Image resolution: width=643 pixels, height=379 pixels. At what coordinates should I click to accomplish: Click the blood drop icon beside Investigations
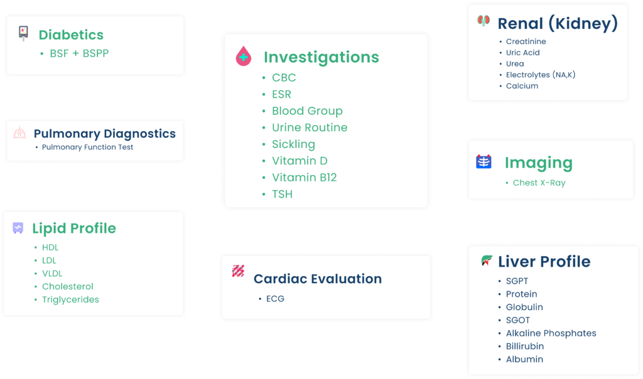pyautogui.click(x=244, y=56)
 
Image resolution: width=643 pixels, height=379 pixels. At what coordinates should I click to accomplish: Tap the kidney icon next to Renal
pyautogui.click(x=484, y=20)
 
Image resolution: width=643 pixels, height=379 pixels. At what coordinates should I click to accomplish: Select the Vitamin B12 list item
pyautogui.click(x=305, y=178)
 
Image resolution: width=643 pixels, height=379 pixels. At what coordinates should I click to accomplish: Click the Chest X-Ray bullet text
pyautogui.click(x=539, y=183)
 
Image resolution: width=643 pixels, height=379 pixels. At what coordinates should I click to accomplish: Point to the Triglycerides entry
pyautogui.click(x=70, y=299)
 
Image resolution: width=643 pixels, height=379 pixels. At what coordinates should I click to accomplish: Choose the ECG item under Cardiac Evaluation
pyautogui.click(x=275, y=299)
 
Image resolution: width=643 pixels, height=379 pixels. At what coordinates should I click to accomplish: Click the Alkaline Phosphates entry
pyautogui.click(x=551, y=333)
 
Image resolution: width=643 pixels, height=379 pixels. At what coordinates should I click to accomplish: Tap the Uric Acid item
pyautogui.click(x=522, y=53)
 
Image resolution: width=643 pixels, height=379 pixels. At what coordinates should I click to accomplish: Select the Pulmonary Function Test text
pyautogui.click(x=87, y=147)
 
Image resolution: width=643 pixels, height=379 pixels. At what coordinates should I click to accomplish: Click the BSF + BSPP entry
pyautogui.click(x=79, y=53)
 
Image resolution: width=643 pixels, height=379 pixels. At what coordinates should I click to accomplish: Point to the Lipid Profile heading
pyautogui.click(x=74, y=228)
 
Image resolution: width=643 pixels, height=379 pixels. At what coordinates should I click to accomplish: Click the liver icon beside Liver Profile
pyautogui.click(x=487, y=260)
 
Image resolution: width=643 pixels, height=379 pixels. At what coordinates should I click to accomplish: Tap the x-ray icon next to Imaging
pyautogui.click(x=484, y=161)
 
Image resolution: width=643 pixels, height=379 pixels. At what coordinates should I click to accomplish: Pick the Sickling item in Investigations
pyautogui.click(x=294, y=144)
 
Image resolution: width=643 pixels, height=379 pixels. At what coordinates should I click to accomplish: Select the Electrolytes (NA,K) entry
pyautogui.click(x=541, y=75)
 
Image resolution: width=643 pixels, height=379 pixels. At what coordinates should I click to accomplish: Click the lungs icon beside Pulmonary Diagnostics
pyautogui.click(x=19, y=132)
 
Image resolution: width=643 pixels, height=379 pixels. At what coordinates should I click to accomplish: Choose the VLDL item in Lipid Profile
pyautogui.click(x=52, y=274)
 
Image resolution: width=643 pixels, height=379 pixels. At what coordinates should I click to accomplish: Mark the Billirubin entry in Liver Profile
pyautogui.click(x=524, y=346)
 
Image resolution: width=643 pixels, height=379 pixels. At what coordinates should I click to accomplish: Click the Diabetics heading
pyautogui.click(x=71, y=35)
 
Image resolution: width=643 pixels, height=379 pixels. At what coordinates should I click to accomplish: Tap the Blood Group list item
pyautogui.click(x=307, y=111)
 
